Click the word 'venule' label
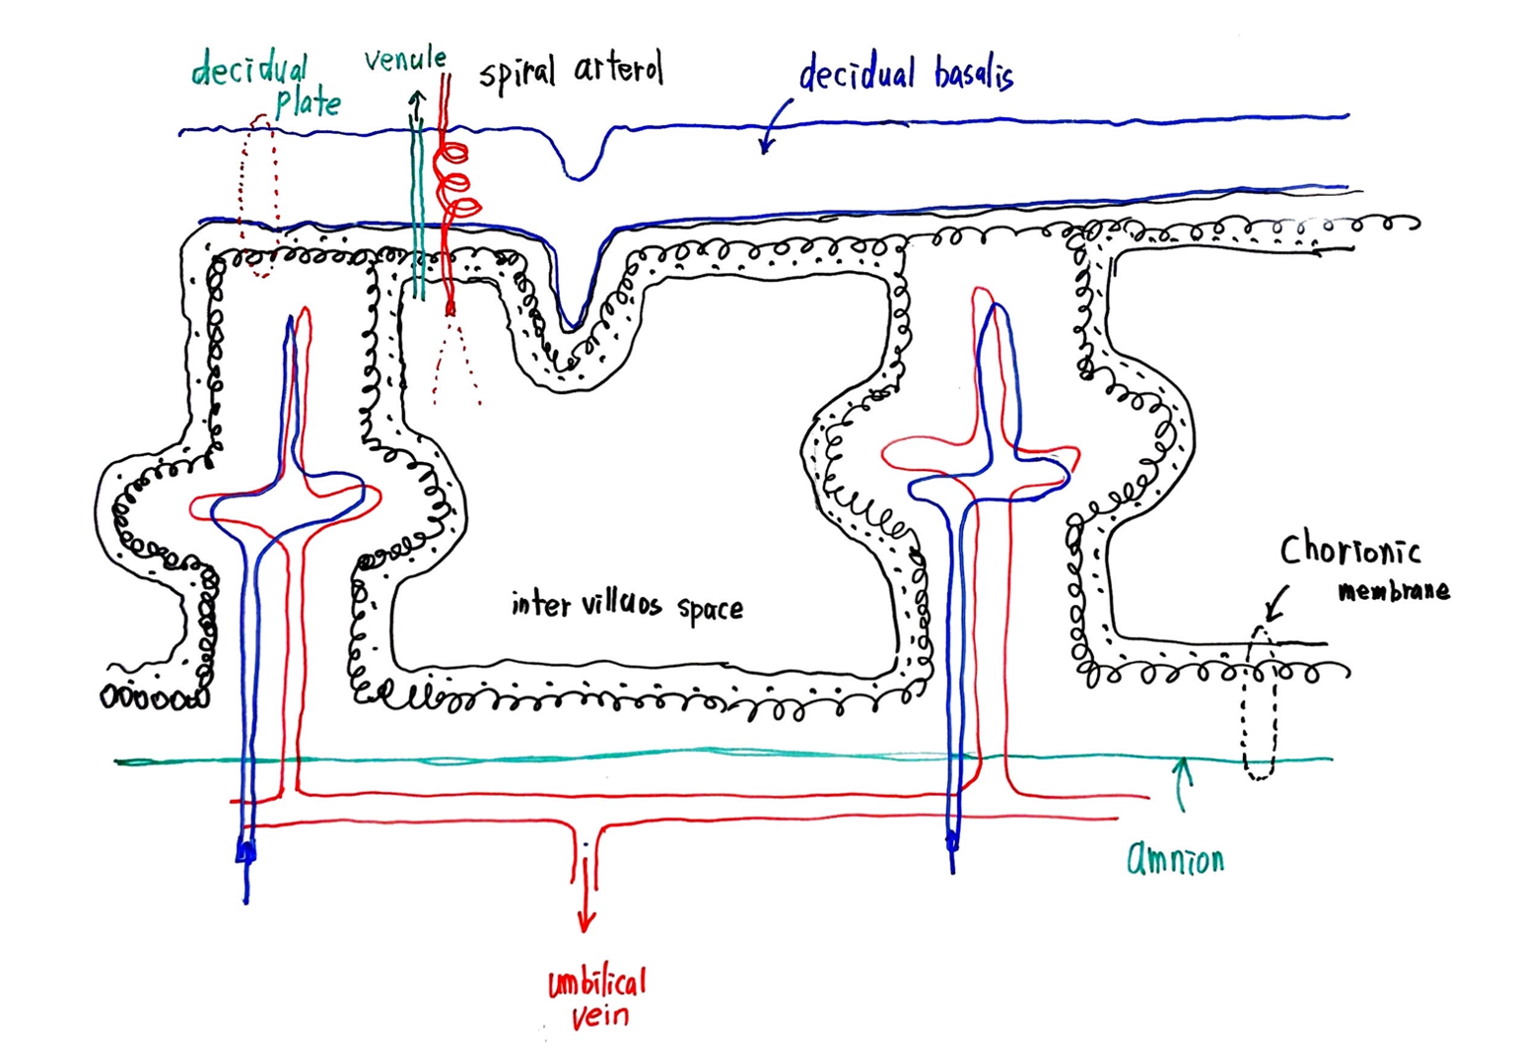[404, 61]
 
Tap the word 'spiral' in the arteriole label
[517, 73]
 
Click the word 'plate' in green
[308, 102]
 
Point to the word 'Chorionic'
[1349, 550]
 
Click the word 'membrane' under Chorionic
[1394, 591]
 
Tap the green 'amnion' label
[1175, 859]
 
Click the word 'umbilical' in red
[596, 983]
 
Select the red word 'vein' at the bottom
[599, 1016]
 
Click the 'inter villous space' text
[627, 605]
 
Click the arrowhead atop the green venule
[417, 99]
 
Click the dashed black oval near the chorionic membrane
[1259, 701]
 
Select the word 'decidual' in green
[248, 71]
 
